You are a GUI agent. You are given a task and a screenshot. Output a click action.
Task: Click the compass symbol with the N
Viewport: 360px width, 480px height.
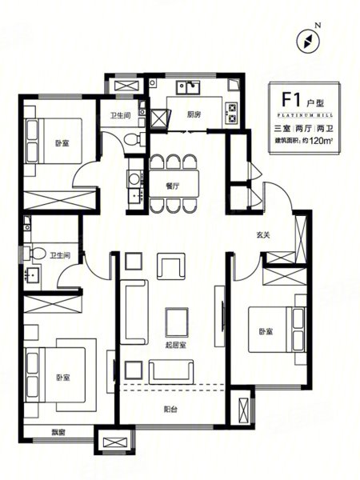[x=309, y=41]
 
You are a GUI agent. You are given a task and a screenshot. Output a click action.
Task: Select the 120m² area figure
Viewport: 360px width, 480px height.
[x=321, y=141]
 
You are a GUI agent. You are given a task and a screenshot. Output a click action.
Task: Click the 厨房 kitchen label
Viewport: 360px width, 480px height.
[x=194, y=114]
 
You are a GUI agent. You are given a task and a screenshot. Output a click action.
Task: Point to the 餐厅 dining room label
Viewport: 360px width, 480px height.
[x=173, y=186]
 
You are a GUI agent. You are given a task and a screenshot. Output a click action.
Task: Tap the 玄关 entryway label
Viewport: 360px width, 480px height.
[x=263, y=235]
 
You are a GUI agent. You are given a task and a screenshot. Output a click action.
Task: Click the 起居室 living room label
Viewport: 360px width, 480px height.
[x=175, y=346]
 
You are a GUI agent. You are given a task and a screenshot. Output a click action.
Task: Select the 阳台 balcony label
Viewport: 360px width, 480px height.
[x=170, y=409]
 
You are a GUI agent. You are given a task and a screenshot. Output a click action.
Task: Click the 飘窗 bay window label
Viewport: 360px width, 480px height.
[x=58, y=433]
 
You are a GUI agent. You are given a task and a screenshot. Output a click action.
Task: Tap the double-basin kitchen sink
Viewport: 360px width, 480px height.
[x=188, y=87]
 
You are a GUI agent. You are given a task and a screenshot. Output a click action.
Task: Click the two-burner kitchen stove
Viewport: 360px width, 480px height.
[x=231, y=113]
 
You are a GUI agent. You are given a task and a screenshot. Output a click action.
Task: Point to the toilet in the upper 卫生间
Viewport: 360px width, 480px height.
[x=134, y=138]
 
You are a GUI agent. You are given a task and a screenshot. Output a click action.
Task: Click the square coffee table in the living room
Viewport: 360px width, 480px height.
[x=177, y=322]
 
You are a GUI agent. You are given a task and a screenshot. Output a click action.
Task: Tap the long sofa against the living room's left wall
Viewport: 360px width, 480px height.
[x=134, y=312]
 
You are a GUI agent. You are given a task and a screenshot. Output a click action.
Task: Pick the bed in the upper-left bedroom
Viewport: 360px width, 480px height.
[x=54, y=141]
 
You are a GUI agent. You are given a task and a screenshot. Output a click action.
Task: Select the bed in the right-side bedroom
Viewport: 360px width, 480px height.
[x=277, y=330]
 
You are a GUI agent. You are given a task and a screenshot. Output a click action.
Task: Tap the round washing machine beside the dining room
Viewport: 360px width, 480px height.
[x=134, y=178]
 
